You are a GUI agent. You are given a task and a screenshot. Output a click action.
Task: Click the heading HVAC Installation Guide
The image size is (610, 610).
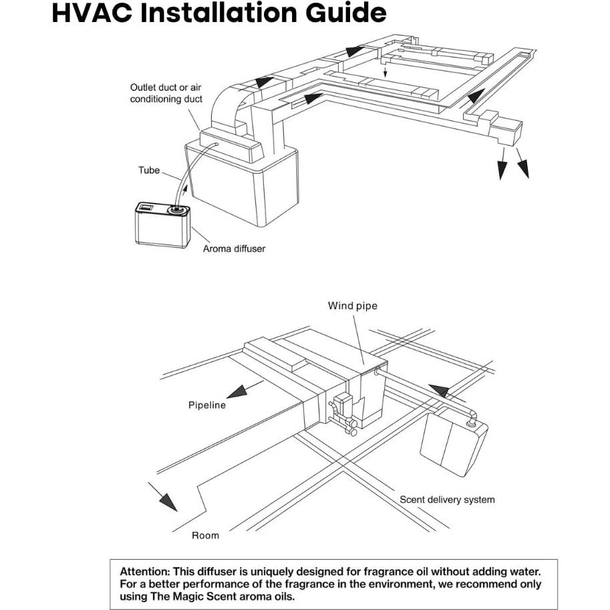click(218, 13)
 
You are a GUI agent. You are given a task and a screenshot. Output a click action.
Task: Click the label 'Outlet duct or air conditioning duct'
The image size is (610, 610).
click(165, 94)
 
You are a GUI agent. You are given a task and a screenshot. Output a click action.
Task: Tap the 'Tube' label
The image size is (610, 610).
click(148, 170)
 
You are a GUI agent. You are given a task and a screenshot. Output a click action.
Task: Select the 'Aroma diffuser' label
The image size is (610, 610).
click(234, 249)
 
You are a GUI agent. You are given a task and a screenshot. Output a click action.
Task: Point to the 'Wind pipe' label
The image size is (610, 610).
click(352, 306)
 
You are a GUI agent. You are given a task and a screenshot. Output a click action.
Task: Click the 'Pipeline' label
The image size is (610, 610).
click(207, 405)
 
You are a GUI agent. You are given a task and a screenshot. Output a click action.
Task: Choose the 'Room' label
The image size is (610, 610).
click(205, 535)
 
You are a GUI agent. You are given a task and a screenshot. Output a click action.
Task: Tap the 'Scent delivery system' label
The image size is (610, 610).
click(447, 499)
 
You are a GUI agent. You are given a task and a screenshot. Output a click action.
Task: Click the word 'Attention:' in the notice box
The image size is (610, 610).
click(144, 572)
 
